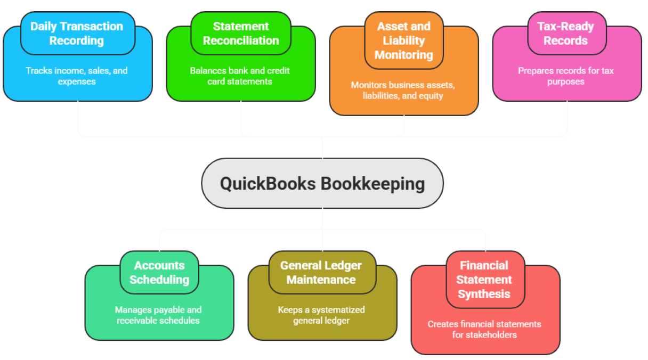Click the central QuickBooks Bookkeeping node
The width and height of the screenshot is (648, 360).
pos(322,183)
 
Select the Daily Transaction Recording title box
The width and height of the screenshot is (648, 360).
pos(77,33)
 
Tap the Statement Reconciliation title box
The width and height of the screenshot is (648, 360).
pos(240,33)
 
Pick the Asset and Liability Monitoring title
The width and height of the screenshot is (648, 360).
pos(403,40)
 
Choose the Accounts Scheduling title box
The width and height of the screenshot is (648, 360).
pos(159,272)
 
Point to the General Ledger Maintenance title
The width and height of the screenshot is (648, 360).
pos(321,272)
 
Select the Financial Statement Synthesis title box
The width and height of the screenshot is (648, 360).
pos(484,280)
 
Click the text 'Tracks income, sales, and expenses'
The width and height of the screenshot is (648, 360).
pos(77,76)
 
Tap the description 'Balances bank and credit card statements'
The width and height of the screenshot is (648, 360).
pos(240,76)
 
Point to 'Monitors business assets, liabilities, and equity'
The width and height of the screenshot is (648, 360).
pos(403,91)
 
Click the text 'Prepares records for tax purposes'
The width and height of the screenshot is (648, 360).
pos(566,76)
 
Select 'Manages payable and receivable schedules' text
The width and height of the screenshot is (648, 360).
pos(159,315)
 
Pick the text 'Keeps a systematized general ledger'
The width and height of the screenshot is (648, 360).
pos(321,315)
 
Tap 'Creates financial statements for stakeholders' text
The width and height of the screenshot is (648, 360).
pos(484,329)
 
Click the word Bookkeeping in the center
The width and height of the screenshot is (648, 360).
pos(373,184)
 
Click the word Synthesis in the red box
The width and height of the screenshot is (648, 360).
pos(484,294)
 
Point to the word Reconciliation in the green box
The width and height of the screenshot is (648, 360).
pos(240,40)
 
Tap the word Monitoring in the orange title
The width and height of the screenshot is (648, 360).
pos(403,55)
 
